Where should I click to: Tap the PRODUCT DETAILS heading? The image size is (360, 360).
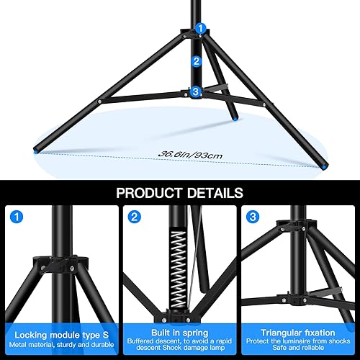tap(179, 193)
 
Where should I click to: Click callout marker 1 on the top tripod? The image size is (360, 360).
tap(201, 28)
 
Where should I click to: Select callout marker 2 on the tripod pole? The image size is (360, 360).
tap(195, 62)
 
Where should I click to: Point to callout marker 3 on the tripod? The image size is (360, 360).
tap(195, 91)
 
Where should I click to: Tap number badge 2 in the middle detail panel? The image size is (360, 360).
tap(135, 217)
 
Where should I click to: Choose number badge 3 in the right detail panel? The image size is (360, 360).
tap(252, 217)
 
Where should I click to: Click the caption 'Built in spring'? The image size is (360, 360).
tap(179, 333)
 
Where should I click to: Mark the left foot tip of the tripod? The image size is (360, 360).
tap(37, 151)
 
